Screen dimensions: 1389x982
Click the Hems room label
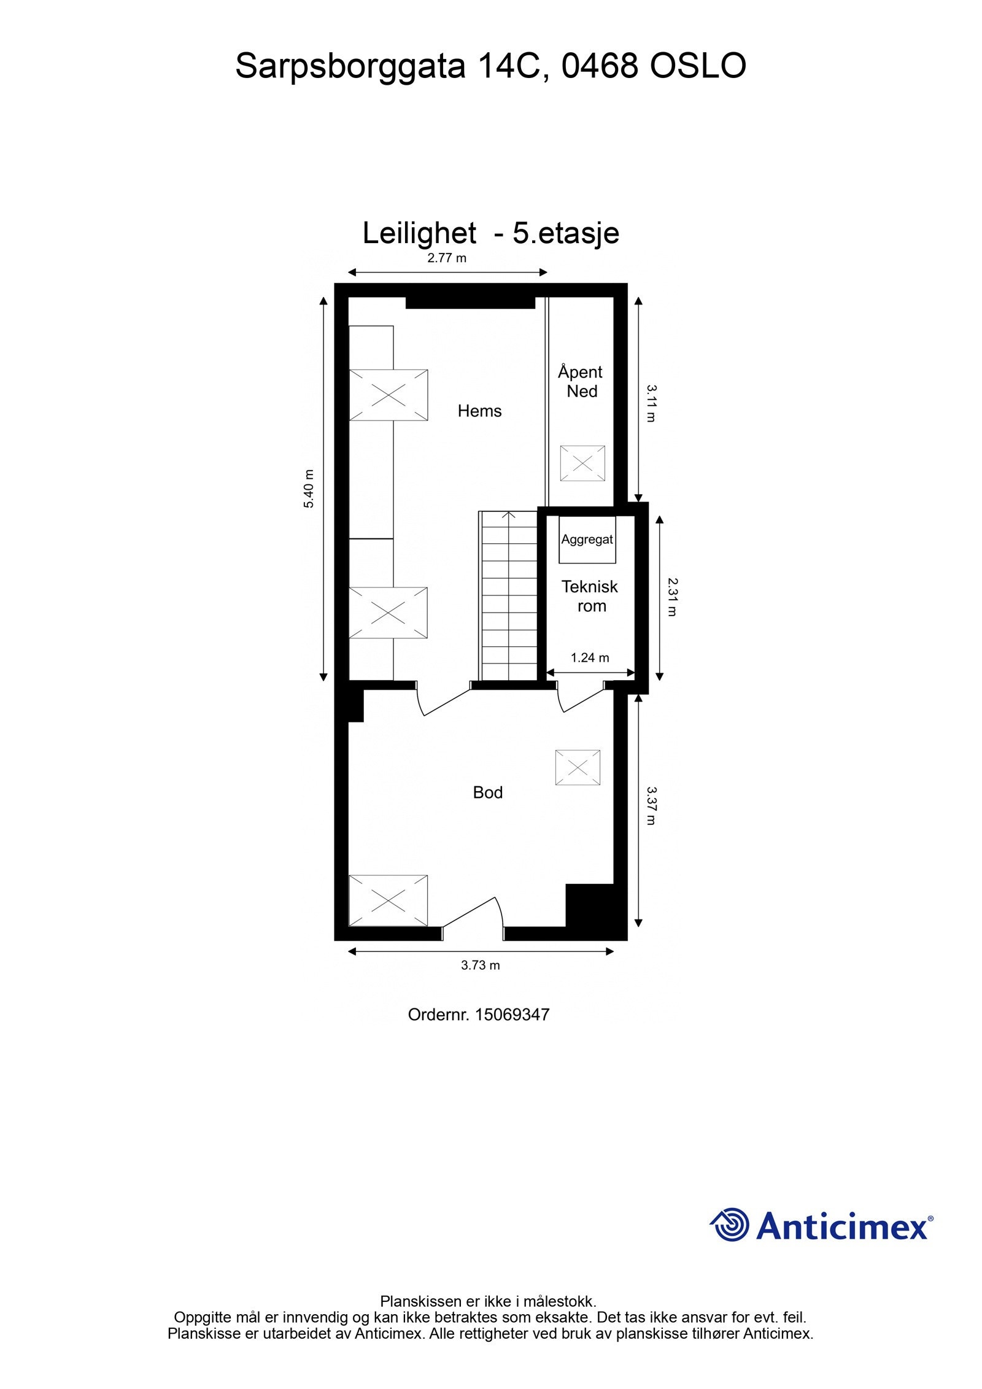(479, 411)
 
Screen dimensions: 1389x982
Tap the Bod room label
(487, 792)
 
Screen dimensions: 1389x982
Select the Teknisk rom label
(590, 596)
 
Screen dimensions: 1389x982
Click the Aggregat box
(587, 540)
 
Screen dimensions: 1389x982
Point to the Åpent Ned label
(581, 381)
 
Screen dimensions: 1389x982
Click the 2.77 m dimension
(447, 258)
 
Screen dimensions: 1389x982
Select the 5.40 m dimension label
(309, 489)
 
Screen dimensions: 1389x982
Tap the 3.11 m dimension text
(651, 403)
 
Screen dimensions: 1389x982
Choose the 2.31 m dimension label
(673, 597)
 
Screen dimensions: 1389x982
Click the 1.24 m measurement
(590, 658)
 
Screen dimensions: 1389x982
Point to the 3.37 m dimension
(651, 806)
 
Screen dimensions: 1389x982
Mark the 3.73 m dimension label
(481, 965)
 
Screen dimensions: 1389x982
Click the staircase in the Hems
(508, 595)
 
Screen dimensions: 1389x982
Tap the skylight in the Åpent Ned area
(582, 463)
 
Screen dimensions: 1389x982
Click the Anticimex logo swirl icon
(729, 1225)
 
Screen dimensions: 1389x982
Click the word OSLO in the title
(698, 66)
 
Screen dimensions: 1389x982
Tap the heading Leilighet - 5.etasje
(490, 233)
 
